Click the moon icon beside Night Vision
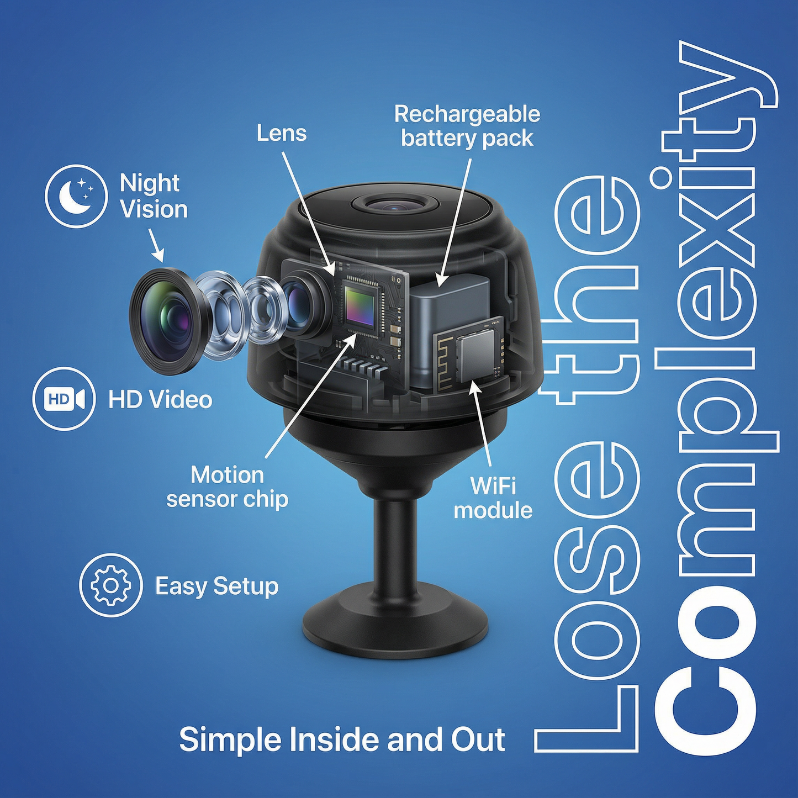click(76, 195)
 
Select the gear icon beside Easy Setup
click(110, 585)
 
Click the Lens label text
click(282, 133)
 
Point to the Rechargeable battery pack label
click(467, 126)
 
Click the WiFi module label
click(493, 498)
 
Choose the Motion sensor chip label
click(227, 487)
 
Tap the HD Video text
click(160, 400)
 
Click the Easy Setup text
click(216, 586)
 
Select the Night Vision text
click(153, 197)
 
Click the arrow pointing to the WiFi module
click(480, 420)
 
